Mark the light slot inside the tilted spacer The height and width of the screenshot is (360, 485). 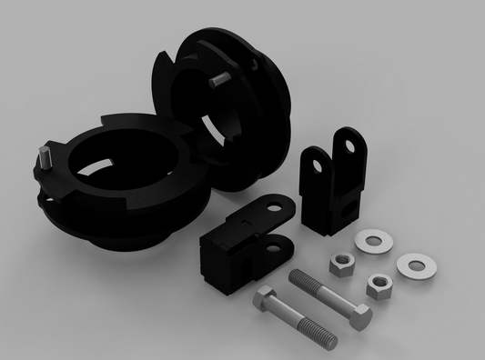tap(211, 128)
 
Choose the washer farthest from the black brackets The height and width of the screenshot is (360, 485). tap(416, 266)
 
